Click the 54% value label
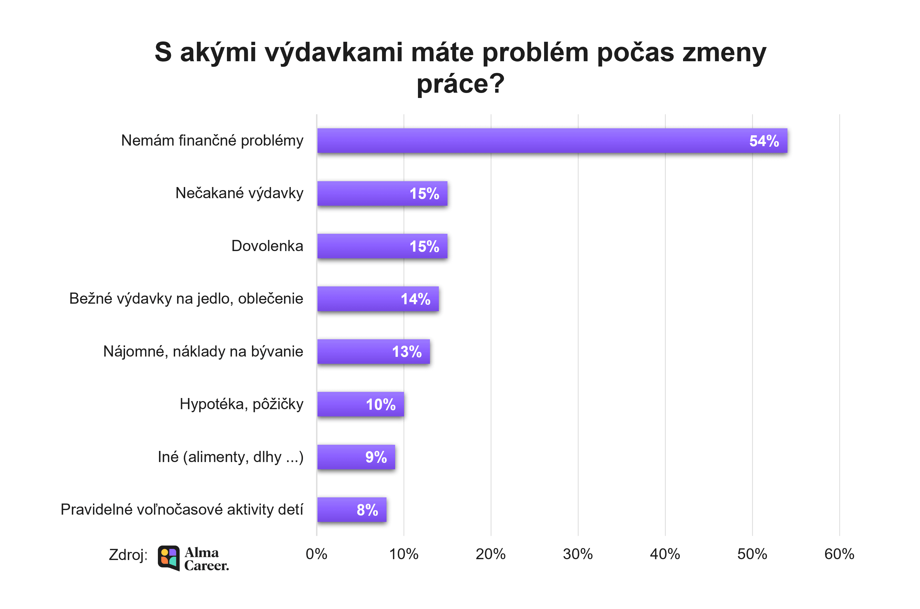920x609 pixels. (764, 141)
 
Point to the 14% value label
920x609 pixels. (415, 299)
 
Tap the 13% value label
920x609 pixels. (406, 352)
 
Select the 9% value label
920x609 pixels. (376, 457)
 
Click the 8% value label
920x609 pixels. (367, 510)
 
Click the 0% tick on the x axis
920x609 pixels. (316, 554)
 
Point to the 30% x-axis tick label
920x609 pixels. (578, 554)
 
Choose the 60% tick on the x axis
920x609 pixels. (839, 554)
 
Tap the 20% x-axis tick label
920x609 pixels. (491, 554)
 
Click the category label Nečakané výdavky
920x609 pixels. (239, 193)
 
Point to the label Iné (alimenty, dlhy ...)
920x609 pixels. (230, 457)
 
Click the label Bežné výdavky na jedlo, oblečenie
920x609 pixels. (186, 299)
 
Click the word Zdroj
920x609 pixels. (128, 555)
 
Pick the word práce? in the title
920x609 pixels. (460, 84)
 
